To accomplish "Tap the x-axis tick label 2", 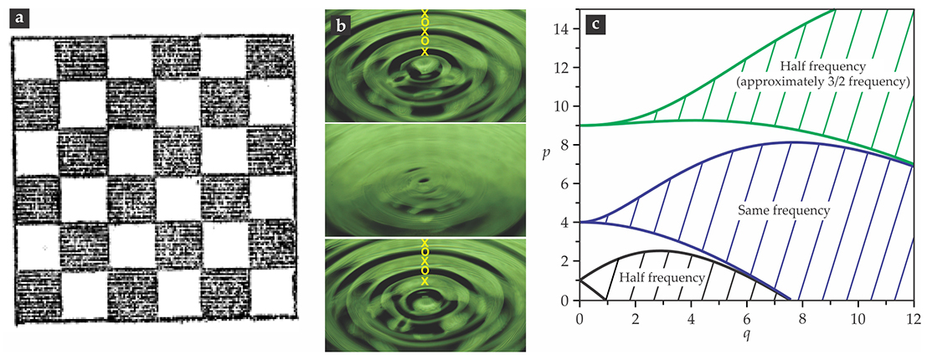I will click(635, 319).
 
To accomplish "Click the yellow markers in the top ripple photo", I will click(424, 32).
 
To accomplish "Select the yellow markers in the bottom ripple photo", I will click(424, 262).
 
